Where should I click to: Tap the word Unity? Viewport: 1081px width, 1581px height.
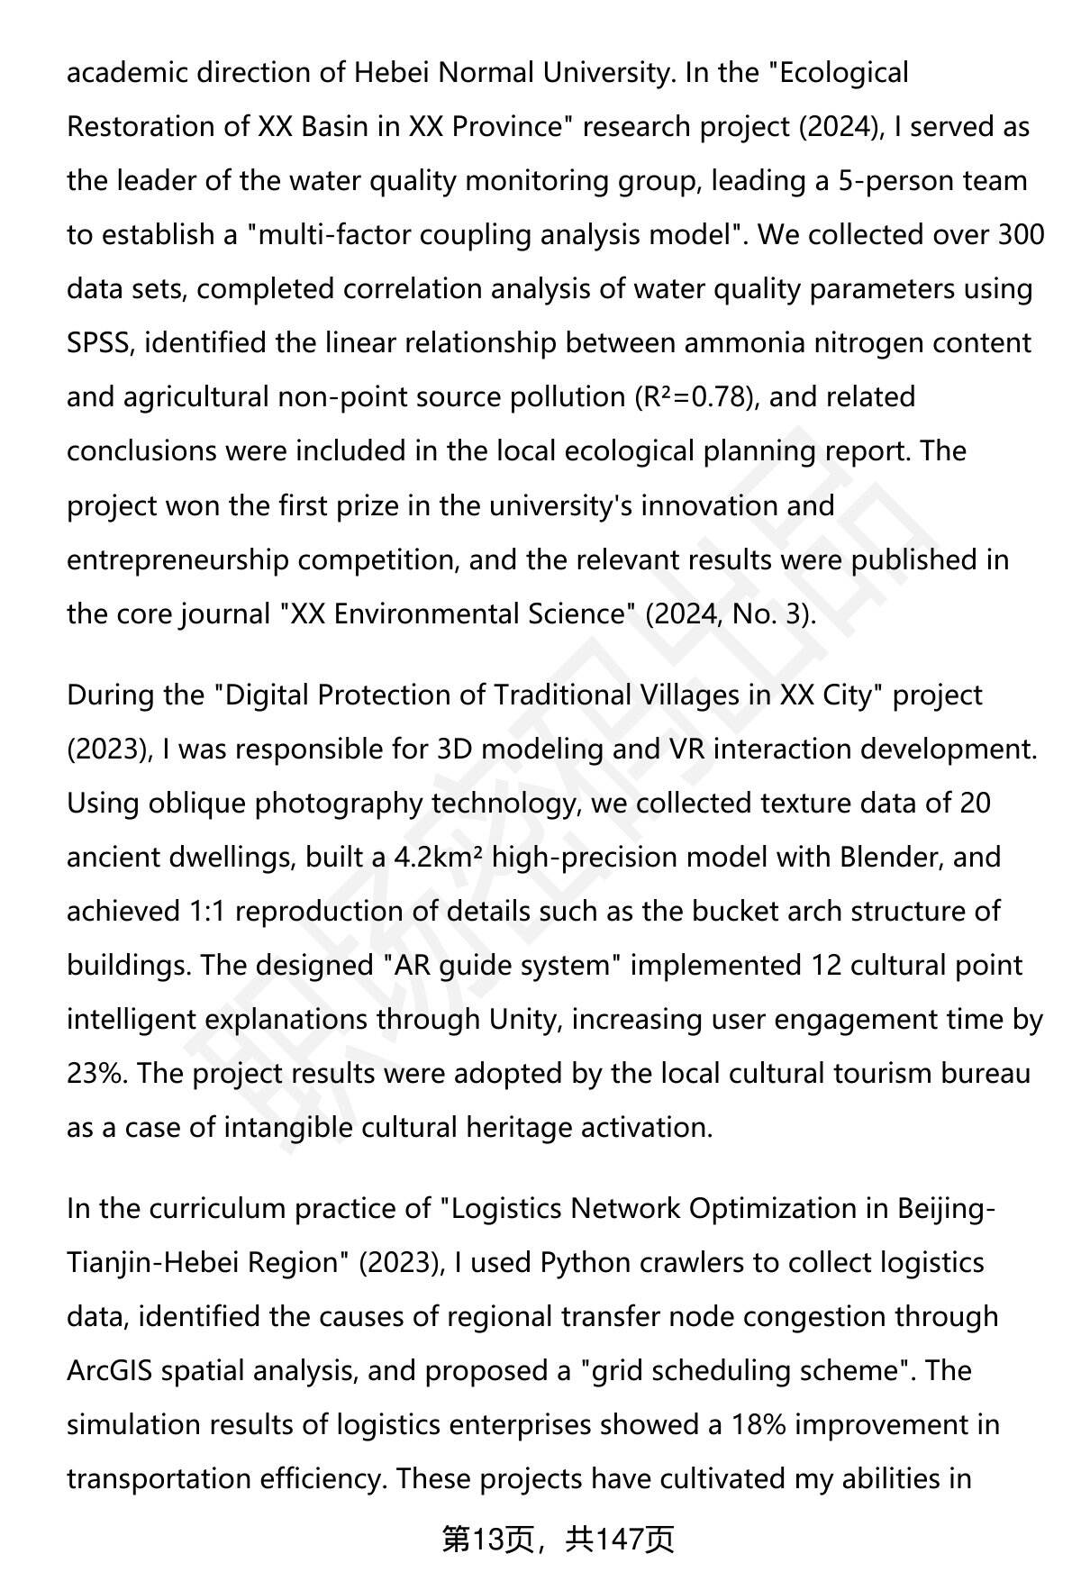pyautogui.click(x=526, y=1020)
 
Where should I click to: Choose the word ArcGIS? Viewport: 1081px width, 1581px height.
pyautogui.click(x=109, y=1371)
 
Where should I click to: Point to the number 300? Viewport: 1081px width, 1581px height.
pyautogui.click(x=1021, y=235)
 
